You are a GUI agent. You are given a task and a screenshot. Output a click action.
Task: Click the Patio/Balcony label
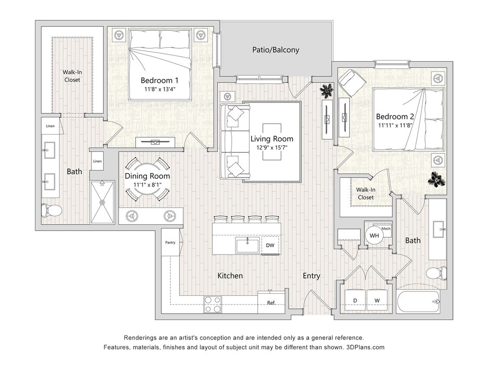[x=275, y=50]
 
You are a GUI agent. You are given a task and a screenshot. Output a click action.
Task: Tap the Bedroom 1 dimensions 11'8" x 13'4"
[x=160, y=89]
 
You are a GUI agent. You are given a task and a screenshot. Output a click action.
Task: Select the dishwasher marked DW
[x=270, y=245]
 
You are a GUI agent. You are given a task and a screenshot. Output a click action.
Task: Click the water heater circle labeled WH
[x=374, y=235]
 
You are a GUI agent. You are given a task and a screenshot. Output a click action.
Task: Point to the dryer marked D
[x=355, y=300]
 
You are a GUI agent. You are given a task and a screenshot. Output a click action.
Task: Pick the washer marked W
[x=377, y=300]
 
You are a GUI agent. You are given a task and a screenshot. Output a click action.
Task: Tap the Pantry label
[x=170, y=242]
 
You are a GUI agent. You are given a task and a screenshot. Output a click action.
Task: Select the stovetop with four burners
[x=213, y=304]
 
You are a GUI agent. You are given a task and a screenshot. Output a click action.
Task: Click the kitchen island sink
[x=247, y=245]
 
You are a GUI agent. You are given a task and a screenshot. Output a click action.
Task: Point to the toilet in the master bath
[x=52, y=210]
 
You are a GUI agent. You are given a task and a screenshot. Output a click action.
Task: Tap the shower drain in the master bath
[x=102, y=202]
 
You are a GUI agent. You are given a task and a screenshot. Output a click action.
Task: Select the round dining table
[x=147, y=180]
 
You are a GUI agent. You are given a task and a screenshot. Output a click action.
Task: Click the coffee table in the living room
[x=272, y=142]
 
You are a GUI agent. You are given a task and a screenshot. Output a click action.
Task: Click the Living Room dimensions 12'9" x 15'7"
[x=272, y=147]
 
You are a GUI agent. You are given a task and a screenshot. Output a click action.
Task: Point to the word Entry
[x=311, y=276]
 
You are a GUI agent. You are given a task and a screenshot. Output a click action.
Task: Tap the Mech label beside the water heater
[x=386, y=229]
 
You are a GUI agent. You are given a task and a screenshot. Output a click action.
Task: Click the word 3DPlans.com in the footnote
[x=365, y=347]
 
